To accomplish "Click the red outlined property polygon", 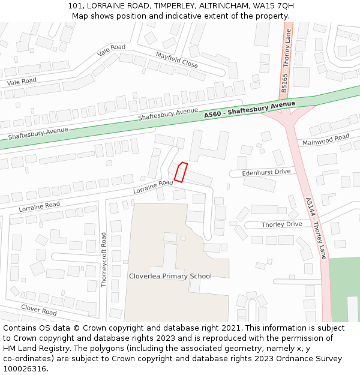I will tap(181, 172).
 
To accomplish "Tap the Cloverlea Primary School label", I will tap(170, 276).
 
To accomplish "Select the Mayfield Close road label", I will tap(176, 60).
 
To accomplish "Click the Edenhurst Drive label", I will tap(266, 172).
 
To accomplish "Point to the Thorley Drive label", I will tap(281, 224).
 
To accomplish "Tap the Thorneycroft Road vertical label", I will tap(104, 260).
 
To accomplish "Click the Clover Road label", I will tap(39, 310).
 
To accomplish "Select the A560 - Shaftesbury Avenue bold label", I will tap(250, 110).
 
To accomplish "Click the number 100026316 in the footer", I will tap(25, 369).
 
